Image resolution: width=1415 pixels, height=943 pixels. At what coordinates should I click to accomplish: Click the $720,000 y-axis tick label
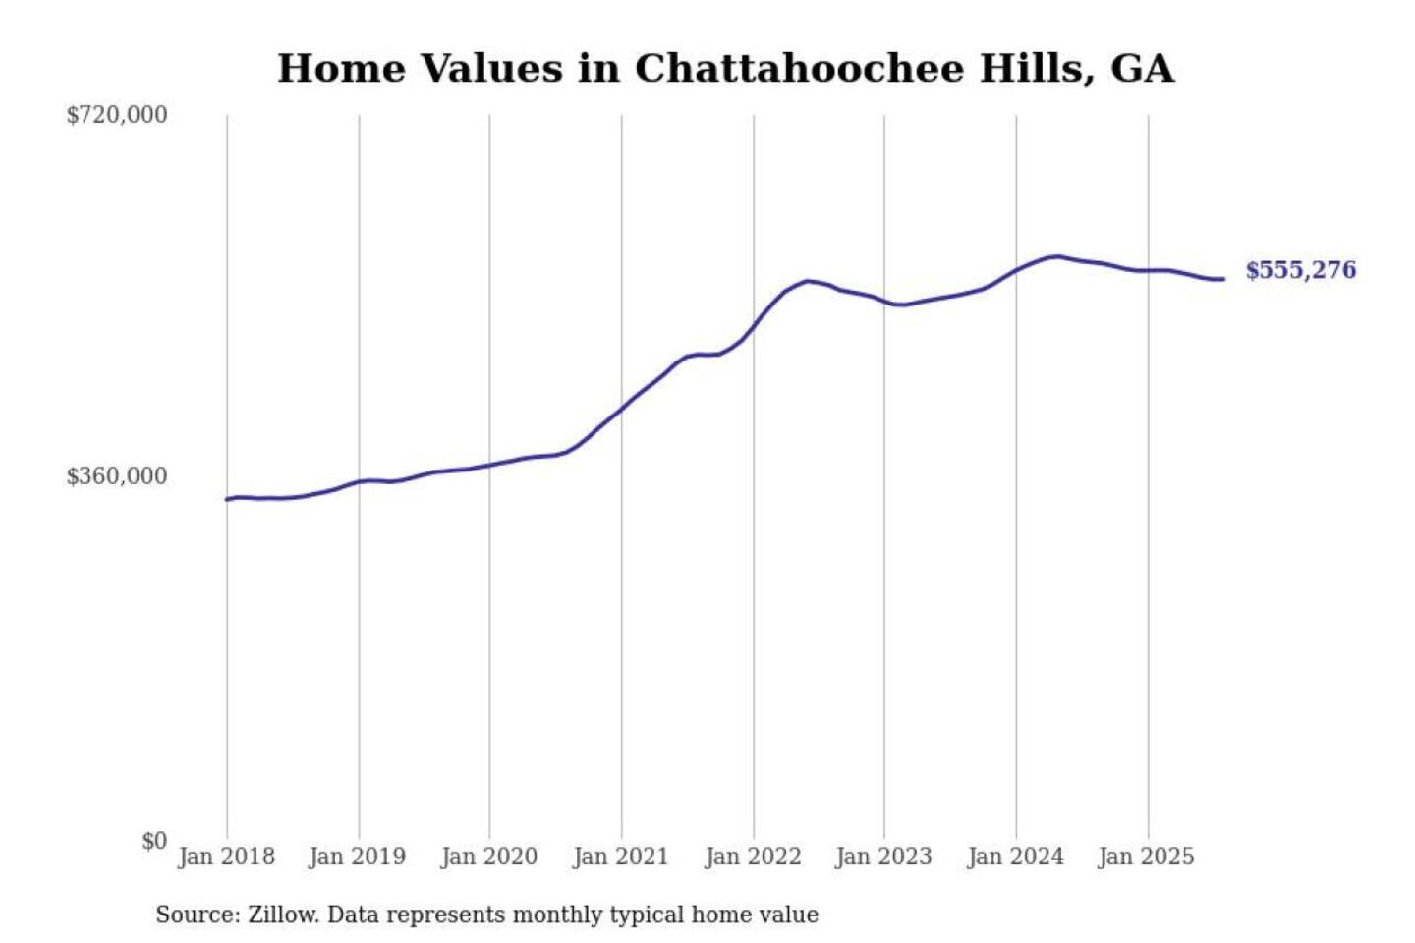(x=117, y=115)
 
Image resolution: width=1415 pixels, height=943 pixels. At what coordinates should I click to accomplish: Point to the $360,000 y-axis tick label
(x=117, y=476)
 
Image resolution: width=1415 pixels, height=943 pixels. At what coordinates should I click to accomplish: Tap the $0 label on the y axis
(x=154, y=841)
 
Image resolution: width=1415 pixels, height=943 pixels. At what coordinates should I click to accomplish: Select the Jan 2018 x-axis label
(x=226, y=857)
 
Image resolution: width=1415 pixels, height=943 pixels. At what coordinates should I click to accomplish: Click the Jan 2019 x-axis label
(x=357, y=857)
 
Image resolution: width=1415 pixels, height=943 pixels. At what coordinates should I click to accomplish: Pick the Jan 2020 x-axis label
(x=488, y=857)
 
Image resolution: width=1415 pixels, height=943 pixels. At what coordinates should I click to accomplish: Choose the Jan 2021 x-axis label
(x=620, y=857)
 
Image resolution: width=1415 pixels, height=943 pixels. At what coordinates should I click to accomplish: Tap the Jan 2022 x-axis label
(x=753, y=857)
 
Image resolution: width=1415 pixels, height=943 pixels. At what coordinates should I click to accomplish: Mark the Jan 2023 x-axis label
(x=883, y=857)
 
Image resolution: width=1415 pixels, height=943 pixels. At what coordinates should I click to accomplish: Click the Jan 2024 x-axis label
(x=1015, y=857)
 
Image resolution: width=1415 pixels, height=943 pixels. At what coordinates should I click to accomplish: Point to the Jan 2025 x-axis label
(x=1146, y=857)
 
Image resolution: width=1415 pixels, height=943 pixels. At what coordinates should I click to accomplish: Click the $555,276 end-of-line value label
(x=1300, y=270)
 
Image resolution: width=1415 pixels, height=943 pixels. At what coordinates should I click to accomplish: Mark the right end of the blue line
(x=1222, y=279)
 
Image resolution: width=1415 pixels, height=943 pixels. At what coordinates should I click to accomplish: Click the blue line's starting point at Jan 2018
(x=227, y=499)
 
